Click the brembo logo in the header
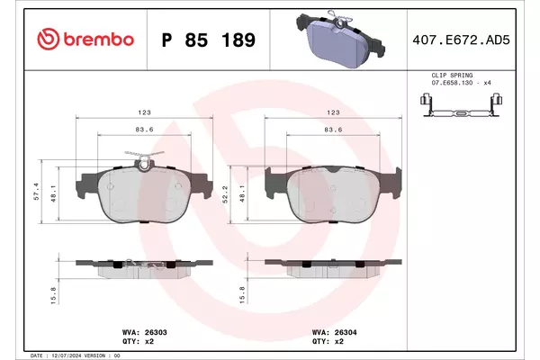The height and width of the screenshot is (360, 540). click(x=85, y=40)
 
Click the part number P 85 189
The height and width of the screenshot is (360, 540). click(x=209, y=40)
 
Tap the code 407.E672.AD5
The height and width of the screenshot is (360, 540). click(x=461, y=40)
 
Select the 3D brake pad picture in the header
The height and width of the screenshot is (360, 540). click(x=339, y=39)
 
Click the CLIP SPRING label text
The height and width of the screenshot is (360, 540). click(x=452, y=75)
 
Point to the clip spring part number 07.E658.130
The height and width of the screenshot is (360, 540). click(x=452, y=83)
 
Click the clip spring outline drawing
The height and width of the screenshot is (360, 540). click(x=461, y=105)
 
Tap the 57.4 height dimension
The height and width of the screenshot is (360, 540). click(x=37, y=191)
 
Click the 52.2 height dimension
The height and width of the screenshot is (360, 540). click(x=225, y=194)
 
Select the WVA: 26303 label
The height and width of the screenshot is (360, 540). click(x=145, y=332)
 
